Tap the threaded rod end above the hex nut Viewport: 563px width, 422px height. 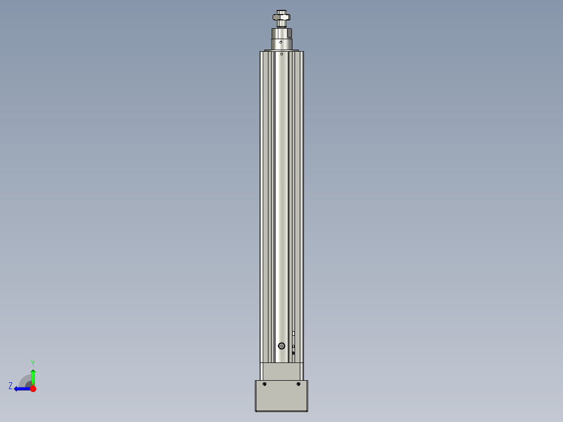(282, 11)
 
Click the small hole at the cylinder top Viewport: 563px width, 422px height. (282, 54)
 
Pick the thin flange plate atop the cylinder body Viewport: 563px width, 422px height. (282, 50)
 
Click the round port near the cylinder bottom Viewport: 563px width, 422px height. (282, 346)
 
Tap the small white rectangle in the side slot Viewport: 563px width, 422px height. (294, 333)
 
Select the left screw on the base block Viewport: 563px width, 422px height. (265, 384)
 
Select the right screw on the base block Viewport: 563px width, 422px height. (298, 384)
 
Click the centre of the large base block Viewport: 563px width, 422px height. (282, 397)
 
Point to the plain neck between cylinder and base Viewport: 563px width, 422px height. (282, 371)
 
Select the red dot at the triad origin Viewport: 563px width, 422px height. (33, 389)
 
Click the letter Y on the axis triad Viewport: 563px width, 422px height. (32, 362)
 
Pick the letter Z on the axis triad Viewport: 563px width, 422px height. (10, 386)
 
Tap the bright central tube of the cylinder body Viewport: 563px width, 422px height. (282, 198)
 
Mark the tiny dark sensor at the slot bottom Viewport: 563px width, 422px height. (294, 353)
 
